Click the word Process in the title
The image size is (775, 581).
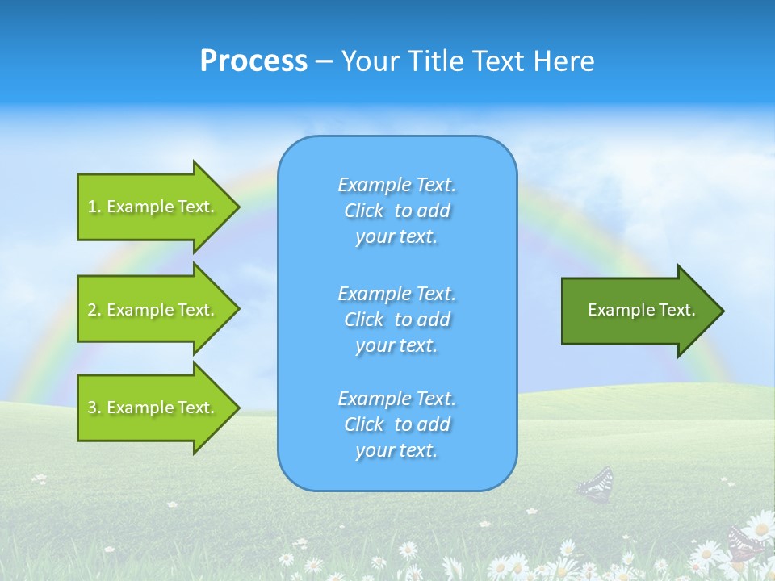tap(253, 61)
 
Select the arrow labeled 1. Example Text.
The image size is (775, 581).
tap(153, 207)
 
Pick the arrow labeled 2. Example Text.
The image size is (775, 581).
tap(153, 309)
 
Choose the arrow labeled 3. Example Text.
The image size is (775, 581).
tap(153, 408)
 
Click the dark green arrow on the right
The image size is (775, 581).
tap(638, 311)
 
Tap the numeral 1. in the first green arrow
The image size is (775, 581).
tap(94, 207)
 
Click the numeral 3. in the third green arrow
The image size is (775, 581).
tap(94, 408)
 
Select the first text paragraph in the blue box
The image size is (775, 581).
tap(396, 211)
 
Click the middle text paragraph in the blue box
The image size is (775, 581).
tap(396, 320)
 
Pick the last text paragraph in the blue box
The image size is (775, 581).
tap(396, 424)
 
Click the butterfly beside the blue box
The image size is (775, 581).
tap(596, 485)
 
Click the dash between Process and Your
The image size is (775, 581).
tap(324, 61)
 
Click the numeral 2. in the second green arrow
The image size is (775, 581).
tap(94, 309)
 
